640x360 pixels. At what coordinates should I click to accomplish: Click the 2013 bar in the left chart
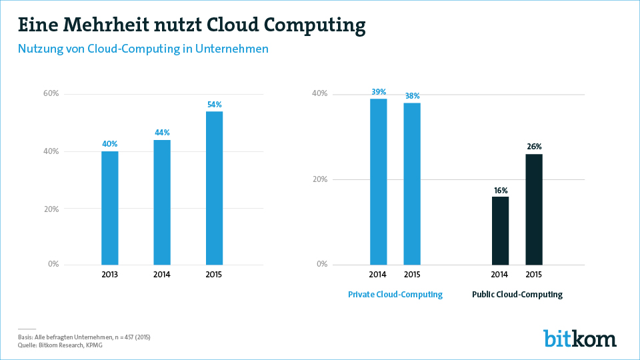pyautogui.click(x=110, y=208)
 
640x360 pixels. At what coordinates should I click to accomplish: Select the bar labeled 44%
pyautogui.click(x=162, y=202)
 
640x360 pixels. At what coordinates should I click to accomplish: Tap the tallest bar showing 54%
pyautogui.click(x=214, y=188)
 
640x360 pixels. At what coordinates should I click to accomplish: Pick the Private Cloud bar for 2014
pyautogui.click(x=378, y=181)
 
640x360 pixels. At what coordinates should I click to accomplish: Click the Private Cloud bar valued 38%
pyautogui.click(x=412, y=183)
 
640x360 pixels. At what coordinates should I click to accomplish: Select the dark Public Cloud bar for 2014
pyautogui.click(x=500, y=230)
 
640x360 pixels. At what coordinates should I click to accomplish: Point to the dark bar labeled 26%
pyautogui.click(x=534, y=209)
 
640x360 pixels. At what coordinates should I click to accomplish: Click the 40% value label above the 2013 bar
pyautogui.click(x=110, y=143)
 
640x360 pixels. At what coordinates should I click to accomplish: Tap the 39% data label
pyautogui.click(x=378, y=91)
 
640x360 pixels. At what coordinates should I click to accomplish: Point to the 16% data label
pyautogui.click(x=500, y=189)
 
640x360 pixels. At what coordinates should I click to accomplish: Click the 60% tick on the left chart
pyautogui.click(x=51, y=93)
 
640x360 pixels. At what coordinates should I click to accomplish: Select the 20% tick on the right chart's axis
pyautogui.click(x=320, y=179)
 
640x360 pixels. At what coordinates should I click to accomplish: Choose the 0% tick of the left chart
pyautogui.click(x=53, y=264)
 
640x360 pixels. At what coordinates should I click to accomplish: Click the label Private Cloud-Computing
pyautogui.click(x=395, y=295)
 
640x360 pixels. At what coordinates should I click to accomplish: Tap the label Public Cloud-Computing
pyautogui.click(x=517, y=295)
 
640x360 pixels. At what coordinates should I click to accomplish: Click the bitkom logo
pyautogui.click(x=579, y=338)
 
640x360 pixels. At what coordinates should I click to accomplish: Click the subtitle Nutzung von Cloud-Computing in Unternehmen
pyautogui.click(x=143, y=49)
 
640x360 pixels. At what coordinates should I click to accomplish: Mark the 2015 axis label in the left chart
pyautogui.click(x=214, y=275)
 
